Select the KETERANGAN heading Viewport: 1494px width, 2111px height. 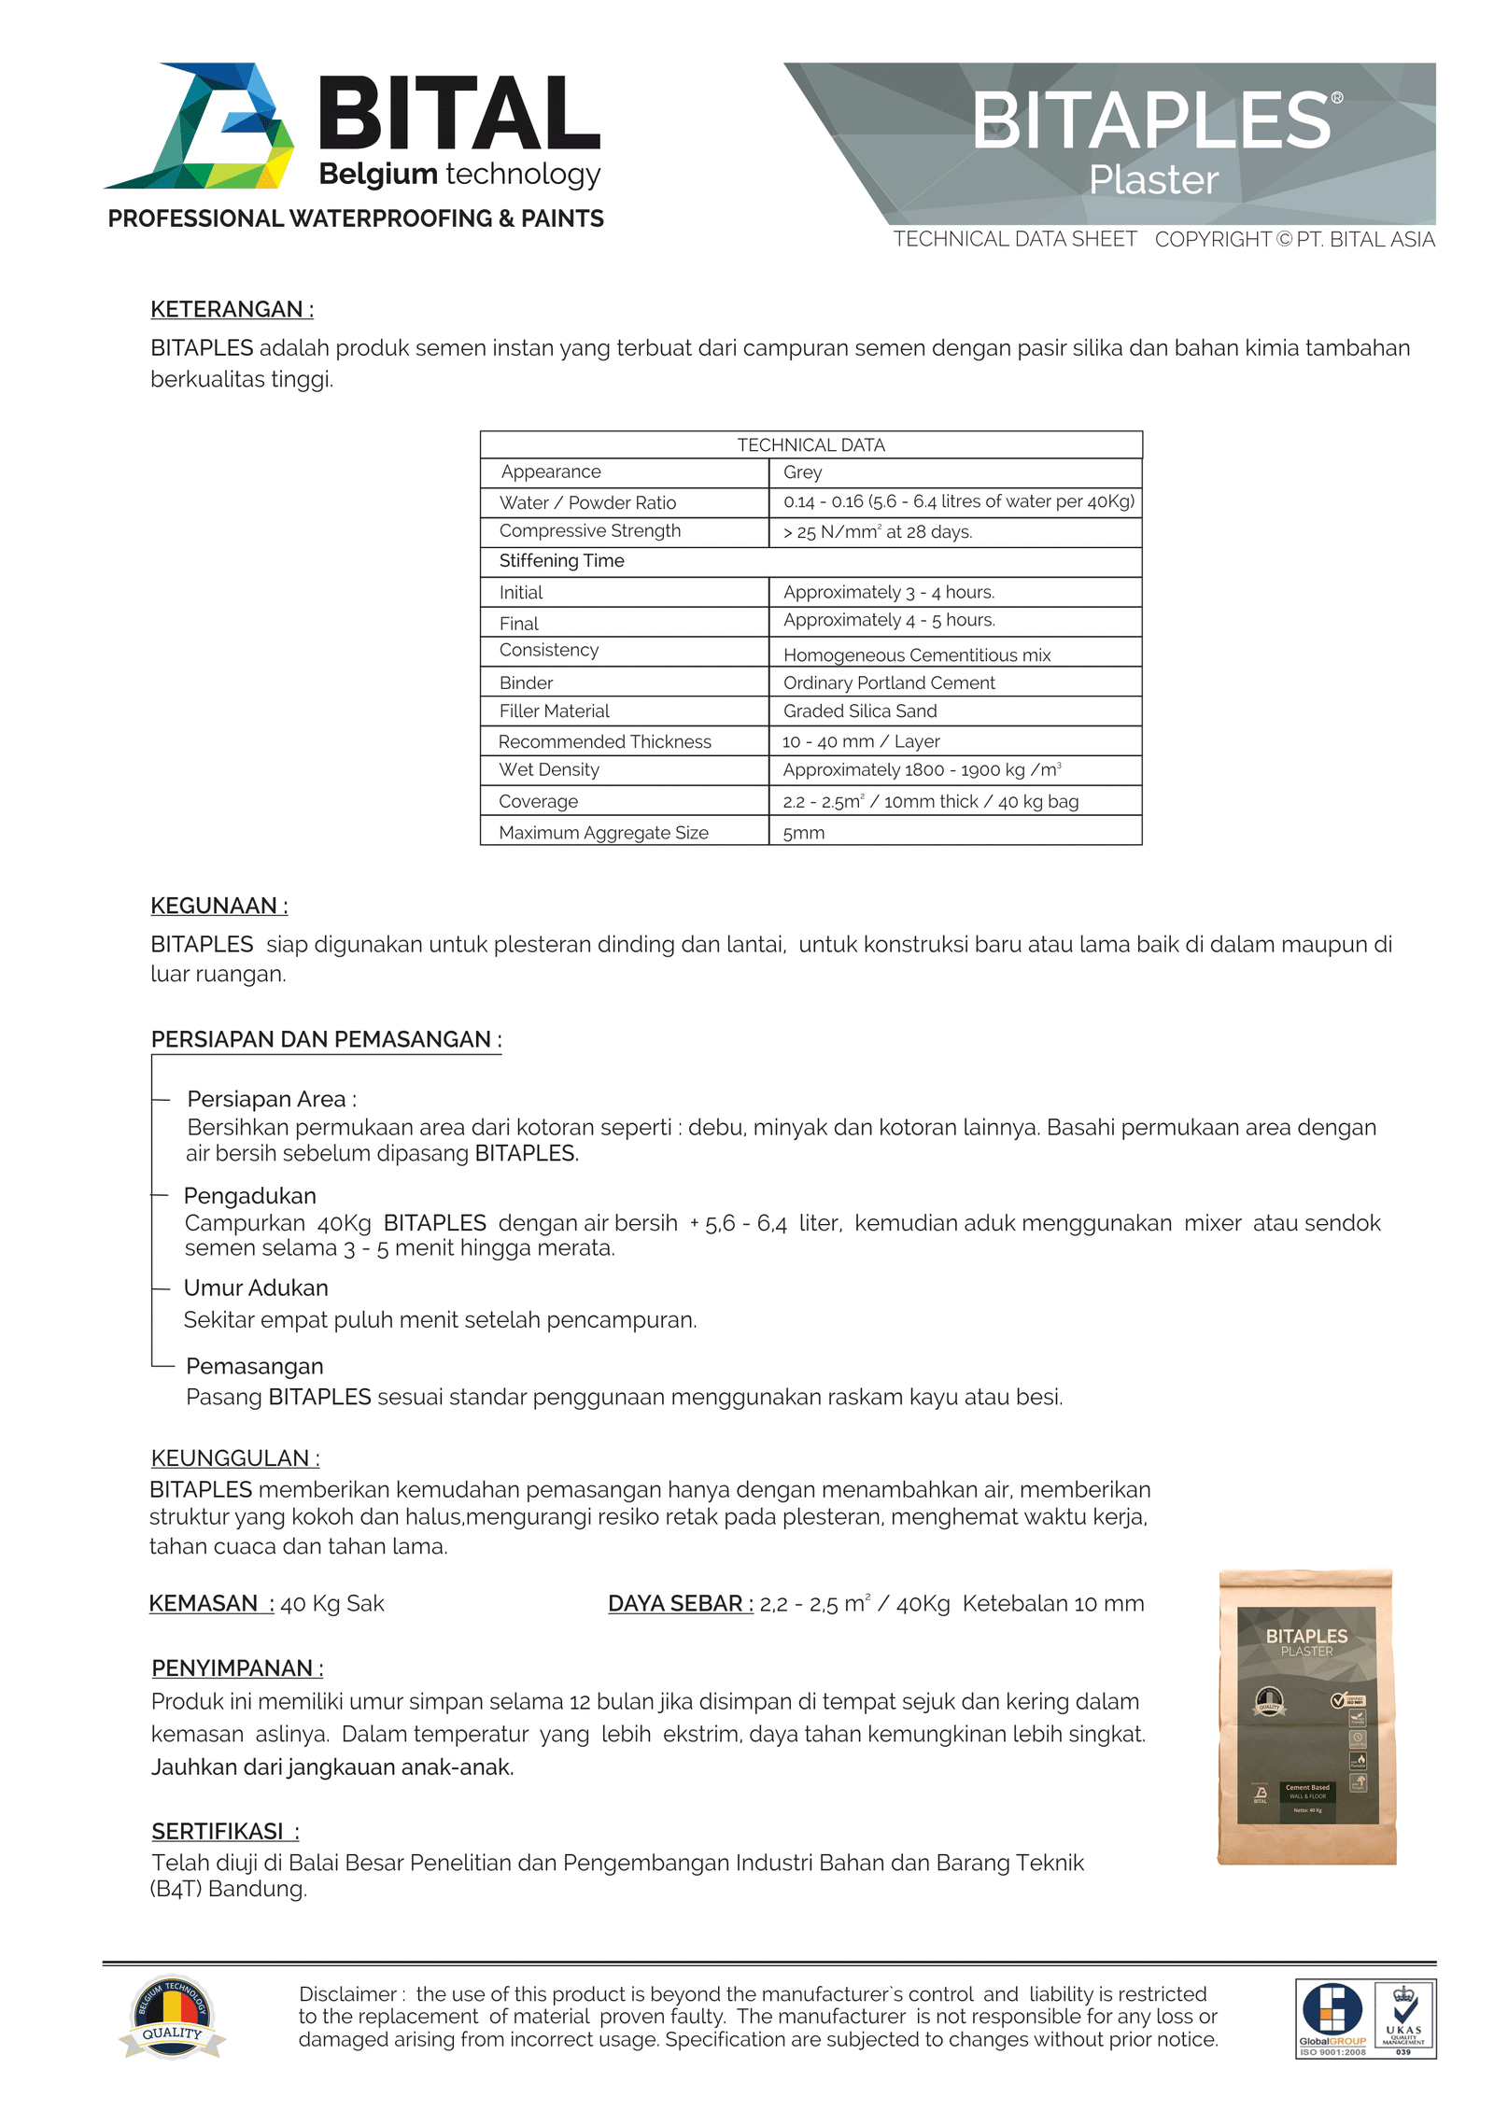click(232, 309)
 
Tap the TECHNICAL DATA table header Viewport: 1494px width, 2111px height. click(810, 445)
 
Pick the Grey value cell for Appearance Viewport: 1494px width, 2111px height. click(802, 472)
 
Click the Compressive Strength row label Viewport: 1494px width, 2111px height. click(589, 531)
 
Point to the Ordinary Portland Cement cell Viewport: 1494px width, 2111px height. click(888, 683)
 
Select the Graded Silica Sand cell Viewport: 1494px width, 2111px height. click(859, 711)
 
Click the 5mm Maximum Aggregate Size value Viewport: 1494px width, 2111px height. click(803, 833)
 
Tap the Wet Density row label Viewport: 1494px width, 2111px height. click(548, 770)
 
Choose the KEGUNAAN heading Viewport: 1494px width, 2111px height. click(218, 906)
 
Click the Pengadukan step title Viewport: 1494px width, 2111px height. click(249, 1196)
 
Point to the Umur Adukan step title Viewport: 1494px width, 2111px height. click(256, 1288)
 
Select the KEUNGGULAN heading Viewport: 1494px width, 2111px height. click(234, 1458)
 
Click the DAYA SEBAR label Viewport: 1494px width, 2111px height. click(680, 1604)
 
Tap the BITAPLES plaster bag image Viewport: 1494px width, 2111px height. click(1306, 1718)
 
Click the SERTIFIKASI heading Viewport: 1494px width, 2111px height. click(225, 1832)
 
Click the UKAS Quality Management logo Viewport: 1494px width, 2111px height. click(1403, 2019)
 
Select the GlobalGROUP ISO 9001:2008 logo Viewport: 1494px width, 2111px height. click(1332, 2019)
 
